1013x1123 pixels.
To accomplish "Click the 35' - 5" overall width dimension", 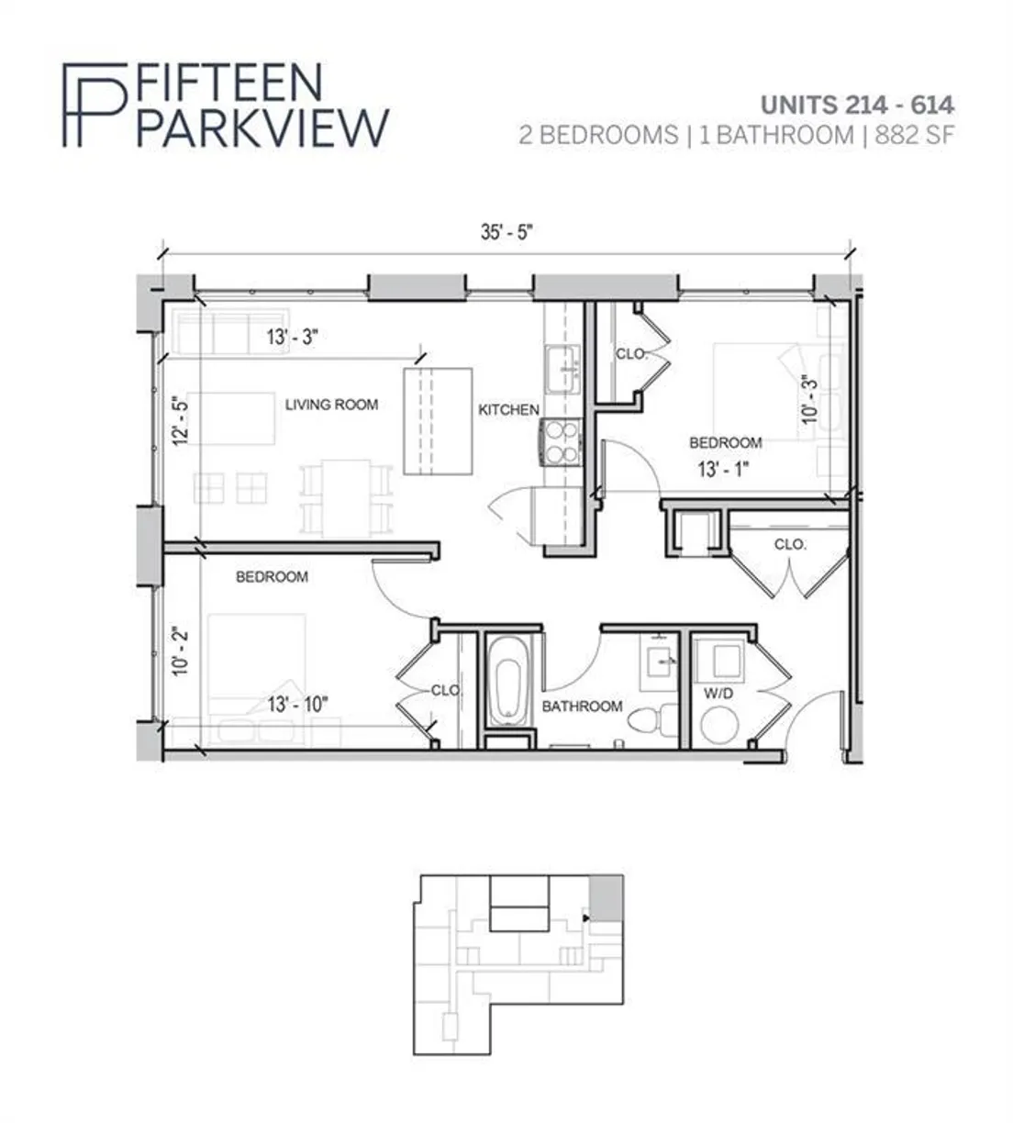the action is pos(506,232).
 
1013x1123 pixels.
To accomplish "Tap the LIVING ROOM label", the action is pos(331,405).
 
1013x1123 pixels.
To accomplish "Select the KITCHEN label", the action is pos(508,410).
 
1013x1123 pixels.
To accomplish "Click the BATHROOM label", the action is pos(582,706).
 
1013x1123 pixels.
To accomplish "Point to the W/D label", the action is pos(718,693).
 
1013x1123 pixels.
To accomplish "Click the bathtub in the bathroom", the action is pos(508,682).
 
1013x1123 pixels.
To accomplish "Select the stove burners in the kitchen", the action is pos(562,442).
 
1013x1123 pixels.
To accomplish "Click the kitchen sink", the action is pos(562,370).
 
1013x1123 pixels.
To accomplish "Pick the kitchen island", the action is pos(438,421).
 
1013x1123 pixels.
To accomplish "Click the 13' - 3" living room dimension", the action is pos(293,338).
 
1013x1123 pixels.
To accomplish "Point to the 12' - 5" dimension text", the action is pos(181,420).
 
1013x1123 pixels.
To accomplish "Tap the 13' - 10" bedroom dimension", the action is pos(297,705).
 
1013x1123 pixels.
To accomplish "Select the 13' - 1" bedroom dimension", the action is pos(723,469).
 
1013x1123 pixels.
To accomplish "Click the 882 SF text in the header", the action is pos(914,136).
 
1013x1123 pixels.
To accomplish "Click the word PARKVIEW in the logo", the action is pos(262,128).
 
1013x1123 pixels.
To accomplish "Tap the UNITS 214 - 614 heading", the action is pos(857,105).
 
